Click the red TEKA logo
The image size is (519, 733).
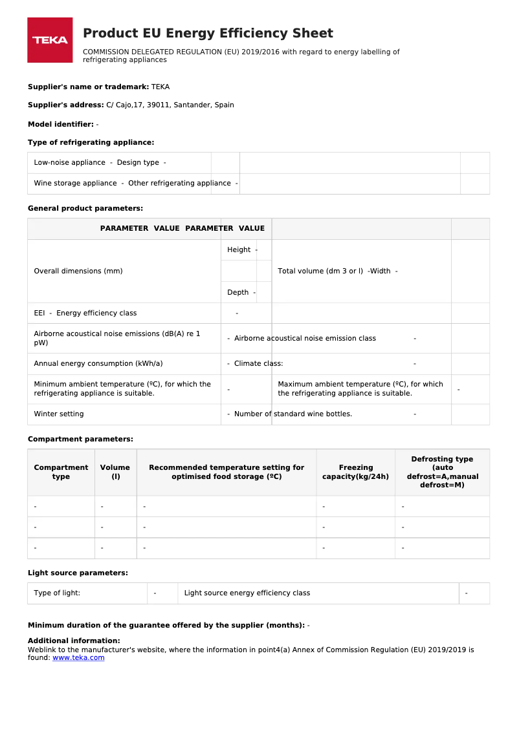[50, 40]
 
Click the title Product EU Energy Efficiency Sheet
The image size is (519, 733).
[208, 34]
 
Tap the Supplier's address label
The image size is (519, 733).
[66, 105]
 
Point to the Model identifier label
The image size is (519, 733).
[61, 124]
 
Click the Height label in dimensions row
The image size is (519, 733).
[239, 250]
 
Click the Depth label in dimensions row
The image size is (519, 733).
[237, 292]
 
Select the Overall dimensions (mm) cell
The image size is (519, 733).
[78, 271]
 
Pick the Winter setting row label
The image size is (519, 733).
[59, 414]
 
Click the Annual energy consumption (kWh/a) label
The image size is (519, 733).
[98, 363]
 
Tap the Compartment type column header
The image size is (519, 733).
[61, 472]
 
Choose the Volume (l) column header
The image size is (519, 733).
[115, 472]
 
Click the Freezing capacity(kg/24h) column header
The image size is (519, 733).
[355, 472]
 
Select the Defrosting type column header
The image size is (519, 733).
[442, 472]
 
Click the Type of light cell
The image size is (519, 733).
[57, 593]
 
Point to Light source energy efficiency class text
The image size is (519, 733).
[247, 593]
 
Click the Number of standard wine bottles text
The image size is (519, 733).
[293, 414]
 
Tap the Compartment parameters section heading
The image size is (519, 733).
[80, 439]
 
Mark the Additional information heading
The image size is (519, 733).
[74, 641]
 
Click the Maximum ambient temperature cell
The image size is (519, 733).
[360, 388]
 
